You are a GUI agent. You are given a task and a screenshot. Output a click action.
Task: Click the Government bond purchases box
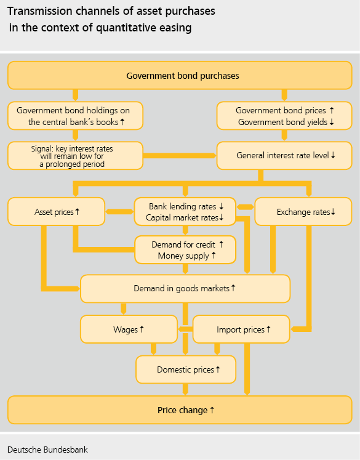tap(180, 75)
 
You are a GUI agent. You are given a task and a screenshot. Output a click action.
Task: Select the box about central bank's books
tap(75, 116)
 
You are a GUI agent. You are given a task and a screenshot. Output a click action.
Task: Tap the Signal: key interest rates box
tap(75, 156)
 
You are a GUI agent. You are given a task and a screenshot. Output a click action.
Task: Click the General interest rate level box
tap(284, 156)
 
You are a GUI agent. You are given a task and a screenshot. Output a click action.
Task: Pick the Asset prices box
tap(56, 211)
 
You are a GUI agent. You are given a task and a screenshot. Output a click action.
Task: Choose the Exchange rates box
tap(303, 211)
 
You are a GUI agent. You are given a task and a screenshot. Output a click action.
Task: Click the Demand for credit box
tap(185, 250)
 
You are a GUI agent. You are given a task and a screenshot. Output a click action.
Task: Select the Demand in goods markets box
tap(185, 289)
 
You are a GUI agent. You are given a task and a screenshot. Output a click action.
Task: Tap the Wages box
tap(129, 329)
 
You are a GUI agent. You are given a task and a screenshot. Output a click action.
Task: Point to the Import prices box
tap(241, 329)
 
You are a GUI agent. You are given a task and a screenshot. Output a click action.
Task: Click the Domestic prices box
tap(186, 369)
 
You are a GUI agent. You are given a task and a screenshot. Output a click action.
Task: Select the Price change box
tap(180, 410)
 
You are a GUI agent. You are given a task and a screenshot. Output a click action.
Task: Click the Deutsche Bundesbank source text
tap(47, 450)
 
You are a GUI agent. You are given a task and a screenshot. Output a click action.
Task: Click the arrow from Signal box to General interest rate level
tap(180, 155)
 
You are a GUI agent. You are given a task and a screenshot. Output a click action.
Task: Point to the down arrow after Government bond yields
tap(332, 122)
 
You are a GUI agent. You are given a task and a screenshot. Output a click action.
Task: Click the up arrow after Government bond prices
tap(332, 110)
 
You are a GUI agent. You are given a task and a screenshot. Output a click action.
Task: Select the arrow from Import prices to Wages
tap(185, 329)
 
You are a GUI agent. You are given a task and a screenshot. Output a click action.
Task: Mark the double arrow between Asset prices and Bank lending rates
tap(119, 211)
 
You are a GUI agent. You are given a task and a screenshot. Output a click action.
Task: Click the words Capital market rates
tap(182, 217)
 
